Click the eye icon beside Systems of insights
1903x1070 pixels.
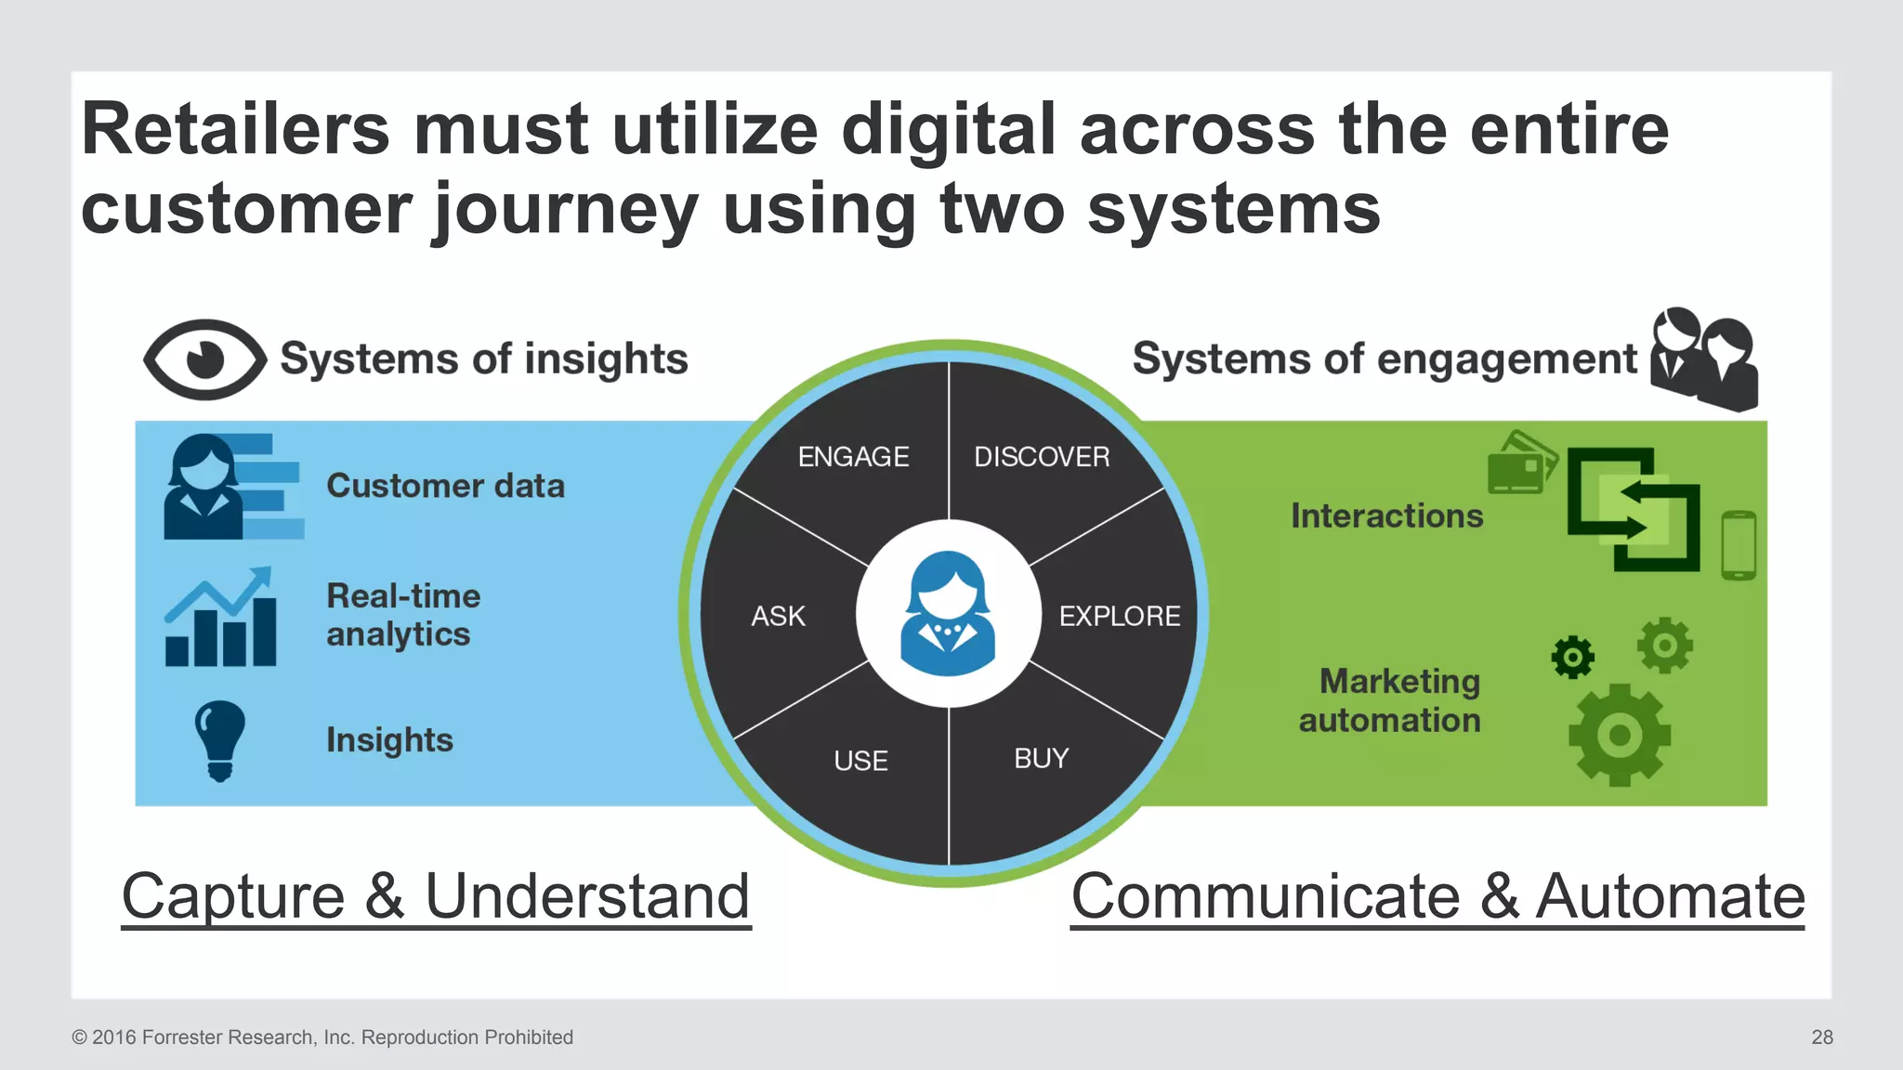(204, 359)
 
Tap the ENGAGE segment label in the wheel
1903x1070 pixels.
(853, 457)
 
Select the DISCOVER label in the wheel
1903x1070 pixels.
(1042, 457)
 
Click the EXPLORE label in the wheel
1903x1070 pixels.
(1120, 616)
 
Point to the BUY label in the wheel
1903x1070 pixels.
(1041, 759)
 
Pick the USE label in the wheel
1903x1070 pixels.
(860, 761)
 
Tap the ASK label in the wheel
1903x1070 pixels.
(778, 616)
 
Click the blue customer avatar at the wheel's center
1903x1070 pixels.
(948, 614)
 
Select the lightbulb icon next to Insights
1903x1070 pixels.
(220, 740)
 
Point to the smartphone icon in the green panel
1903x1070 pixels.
(1739, 545)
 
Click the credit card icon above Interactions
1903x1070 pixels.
(1521, 463)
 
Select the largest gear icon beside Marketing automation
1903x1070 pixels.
(1620, 735)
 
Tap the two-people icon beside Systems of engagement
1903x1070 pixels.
(1704, 359)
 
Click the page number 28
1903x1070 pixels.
(1821, 1037)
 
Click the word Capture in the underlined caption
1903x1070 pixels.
(233, 896)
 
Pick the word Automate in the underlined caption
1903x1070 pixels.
(1670, 896)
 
